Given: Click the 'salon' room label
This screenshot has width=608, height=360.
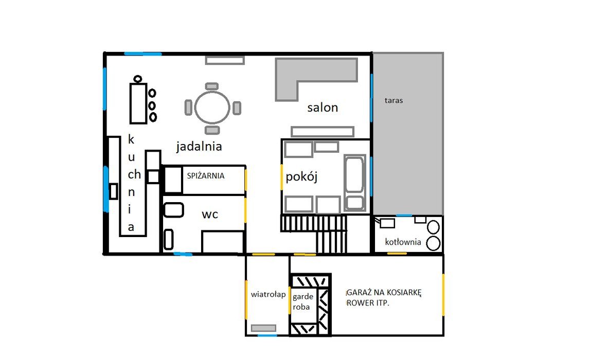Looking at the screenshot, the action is (323, 107).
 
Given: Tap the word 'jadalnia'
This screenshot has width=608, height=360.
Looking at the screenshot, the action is (199, 147).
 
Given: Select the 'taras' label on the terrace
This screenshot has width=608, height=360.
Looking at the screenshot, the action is (394, 100).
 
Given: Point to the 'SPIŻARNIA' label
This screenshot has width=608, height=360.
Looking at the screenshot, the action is (206, 175).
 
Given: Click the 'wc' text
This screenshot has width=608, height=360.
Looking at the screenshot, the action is (210, 214).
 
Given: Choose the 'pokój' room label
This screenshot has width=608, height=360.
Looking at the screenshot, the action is (301, 177).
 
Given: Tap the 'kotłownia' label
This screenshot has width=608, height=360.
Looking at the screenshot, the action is (403, 242).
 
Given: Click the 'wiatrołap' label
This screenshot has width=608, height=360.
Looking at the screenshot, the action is (268, 294).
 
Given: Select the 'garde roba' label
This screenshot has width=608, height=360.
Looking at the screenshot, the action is (303, 302).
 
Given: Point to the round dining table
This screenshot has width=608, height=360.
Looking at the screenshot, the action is (212, 107).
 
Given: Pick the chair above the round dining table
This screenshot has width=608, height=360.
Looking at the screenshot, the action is (212, 86).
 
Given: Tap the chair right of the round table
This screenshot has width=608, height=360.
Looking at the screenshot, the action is (237, 107).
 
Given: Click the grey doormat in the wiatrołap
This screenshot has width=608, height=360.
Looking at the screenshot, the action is (264, 328).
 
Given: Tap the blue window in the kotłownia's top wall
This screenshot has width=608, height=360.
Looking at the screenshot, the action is (404, 215).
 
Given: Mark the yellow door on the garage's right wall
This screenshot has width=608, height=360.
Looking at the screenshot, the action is (443, 295).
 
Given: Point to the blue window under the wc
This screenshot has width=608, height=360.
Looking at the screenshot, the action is (183, 254).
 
